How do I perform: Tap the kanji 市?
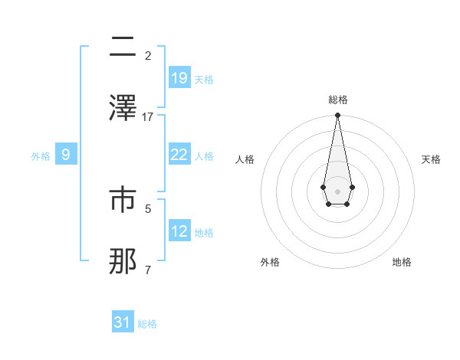pyautogui.click(x=123, y=201)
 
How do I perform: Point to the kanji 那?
pyautogui.click(x=123, y=261)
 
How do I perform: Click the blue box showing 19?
pyautogui.click(x=179, y=77)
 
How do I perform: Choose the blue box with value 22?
pyautogui.click(x=179, y=154)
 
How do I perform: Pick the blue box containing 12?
pyautogui.click(x=179, y=231)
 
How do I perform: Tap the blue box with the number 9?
pyautogui.click(x=66, y=155)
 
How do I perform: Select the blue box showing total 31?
pyautogui.click(x=123, y=322)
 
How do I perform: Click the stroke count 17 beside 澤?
pyautogui.click(x=148, y=116)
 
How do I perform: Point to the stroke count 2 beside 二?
pyautogui.click(x=148, y=56)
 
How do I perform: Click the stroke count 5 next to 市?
pyautogui.click(x=148, y=208)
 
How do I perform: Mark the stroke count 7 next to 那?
pyautogui.click(x=148, y=270)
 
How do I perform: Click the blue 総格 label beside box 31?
pyautogui.click(x=147, y=324)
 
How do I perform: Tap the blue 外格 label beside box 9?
pyautogui.click(x=41, y=156)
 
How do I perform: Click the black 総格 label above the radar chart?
pyautogui.click(x=337, y=100)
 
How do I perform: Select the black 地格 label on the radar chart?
pyautogui.click(x=402, y=262)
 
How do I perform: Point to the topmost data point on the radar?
pyautogui.click(x=337, y=116)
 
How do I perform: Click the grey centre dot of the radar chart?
pyautogui.click(x=337, y=190)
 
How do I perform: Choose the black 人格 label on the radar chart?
pyautogui.click(x=245, y=159)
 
